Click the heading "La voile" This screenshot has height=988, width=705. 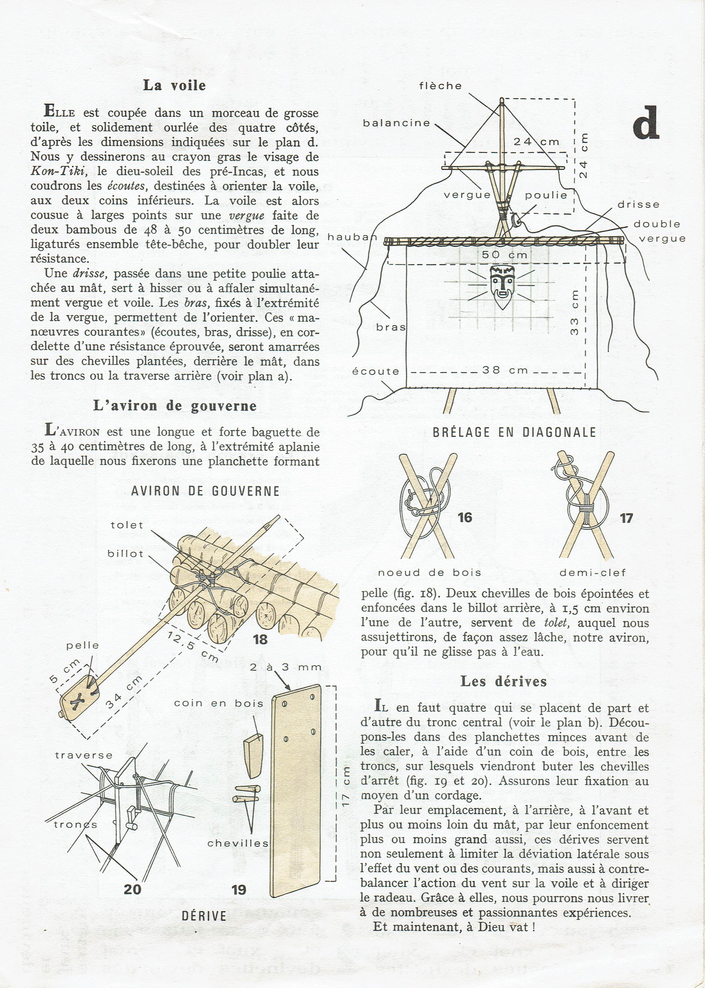click(174, 86)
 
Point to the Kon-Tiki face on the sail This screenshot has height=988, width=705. click(503, 286)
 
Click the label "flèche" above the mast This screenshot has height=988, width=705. click(440, 86)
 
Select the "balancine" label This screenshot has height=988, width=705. click(396, 123)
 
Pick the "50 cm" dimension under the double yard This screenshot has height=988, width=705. click(505, 255)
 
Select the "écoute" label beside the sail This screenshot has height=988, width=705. click(375, 371)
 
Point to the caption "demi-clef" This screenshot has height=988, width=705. click(592, 573)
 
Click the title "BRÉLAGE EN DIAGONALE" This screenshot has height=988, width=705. click(514, 432)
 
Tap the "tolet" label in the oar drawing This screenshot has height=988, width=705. click(127, 525)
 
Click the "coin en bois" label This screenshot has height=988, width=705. click(218, 703)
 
